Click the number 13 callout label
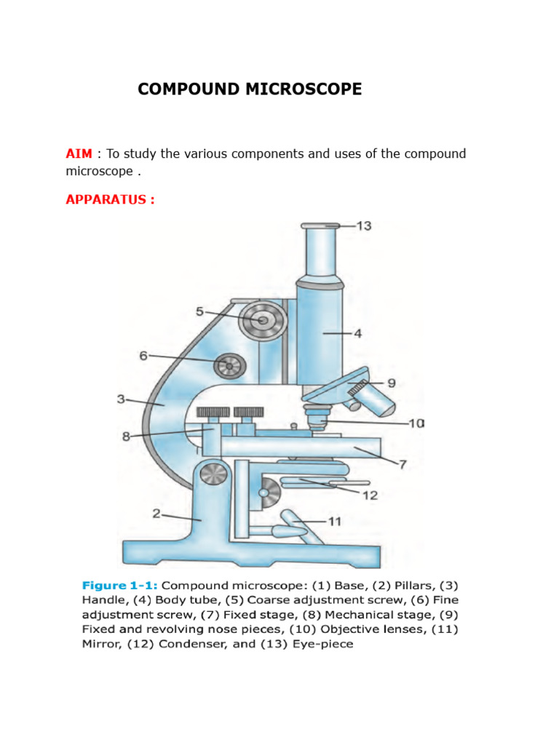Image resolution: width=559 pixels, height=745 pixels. coord(363,226)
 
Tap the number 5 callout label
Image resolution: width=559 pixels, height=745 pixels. coord(199,311)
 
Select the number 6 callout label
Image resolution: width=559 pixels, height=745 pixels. coord(144,355)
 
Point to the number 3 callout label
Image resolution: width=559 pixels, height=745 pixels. coord(122,399)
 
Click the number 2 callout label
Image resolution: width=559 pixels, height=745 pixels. coord(156,514)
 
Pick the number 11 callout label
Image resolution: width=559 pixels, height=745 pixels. coord(334,521)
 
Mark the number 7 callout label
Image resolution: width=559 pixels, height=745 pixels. coord(403,463)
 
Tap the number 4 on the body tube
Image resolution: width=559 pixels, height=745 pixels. coord(357,334)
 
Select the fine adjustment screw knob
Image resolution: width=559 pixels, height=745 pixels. coord(229,365)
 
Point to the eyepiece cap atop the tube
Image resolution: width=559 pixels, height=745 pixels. coord(320,226)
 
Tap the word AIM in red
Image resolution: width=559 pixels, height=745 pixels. coord(79,154)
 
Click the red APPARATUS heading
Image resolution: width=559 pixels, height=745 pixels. coord(110,199)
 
